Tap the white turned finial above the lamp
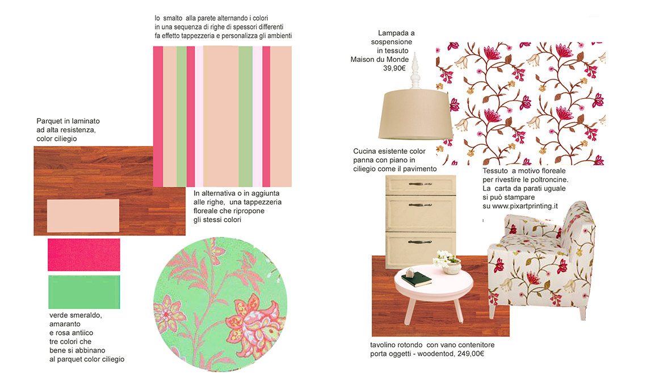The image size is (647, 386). [x=415, y=71]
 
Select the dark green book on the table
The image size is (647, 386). [x=417, y=279]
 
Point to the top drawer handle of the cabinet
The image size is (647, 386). [x=420, y=184]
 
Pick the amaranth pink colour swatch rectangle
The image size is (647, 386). [x=84, y=255]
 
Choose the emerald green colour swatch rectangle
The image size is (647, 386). [x=84, y=292]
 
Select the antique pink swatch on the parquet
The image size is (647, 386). [x=83, y=216]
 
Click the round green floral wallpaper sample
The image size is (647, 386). [x=220, y=304]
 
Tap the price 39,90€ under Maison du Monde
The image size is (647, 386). [x=394, y=68]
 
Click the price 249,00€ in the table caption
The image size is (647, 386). [x=471, y=354]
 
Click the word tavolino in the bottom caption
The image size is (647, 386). [x=383, y=345]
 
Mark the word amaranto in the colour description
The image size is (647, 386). [x=65, y=324]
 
